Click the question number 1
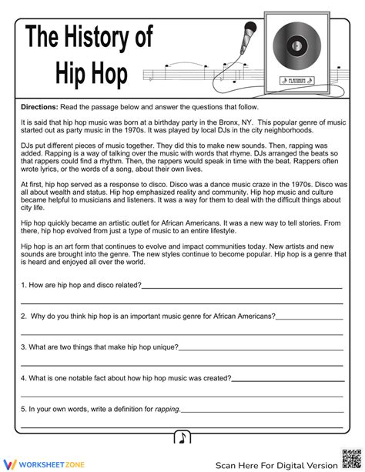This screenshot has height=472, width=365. click(23, 285)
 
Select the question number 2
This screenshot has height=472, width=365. click(23, 316)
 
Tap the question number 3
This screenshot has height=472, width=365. click(23, 347)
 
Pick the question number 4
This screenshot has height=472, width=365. click(23, 378)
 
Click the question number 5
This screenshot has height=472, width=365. click(23, 409)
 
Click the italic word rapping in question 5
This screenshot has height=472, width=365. click(167, 409)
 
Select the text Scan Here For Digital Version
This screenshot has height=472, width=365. click(276, 464)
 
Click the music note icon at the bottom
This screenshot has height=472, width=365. click(182, 437)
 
